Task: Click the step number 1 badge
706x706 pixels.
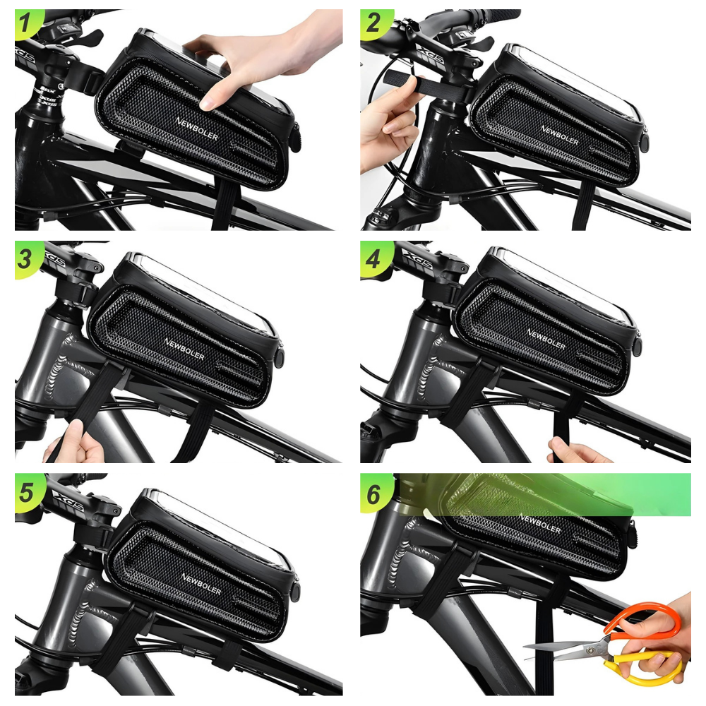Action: pos(26,26)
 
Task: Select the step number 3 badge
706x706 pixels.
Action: pos(26,259)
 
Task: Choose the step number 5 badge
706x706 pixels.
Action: pos(26,491)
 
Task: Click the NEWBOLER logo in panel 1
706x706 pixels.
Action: pos(196,128)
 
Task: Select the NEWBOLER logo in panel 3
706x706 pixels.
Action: pos(184,348)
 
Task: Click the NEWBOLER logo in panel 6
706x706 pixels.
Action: pos(540,524)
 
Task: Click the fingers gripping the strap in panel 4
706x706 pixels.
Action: pos(575,450)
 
